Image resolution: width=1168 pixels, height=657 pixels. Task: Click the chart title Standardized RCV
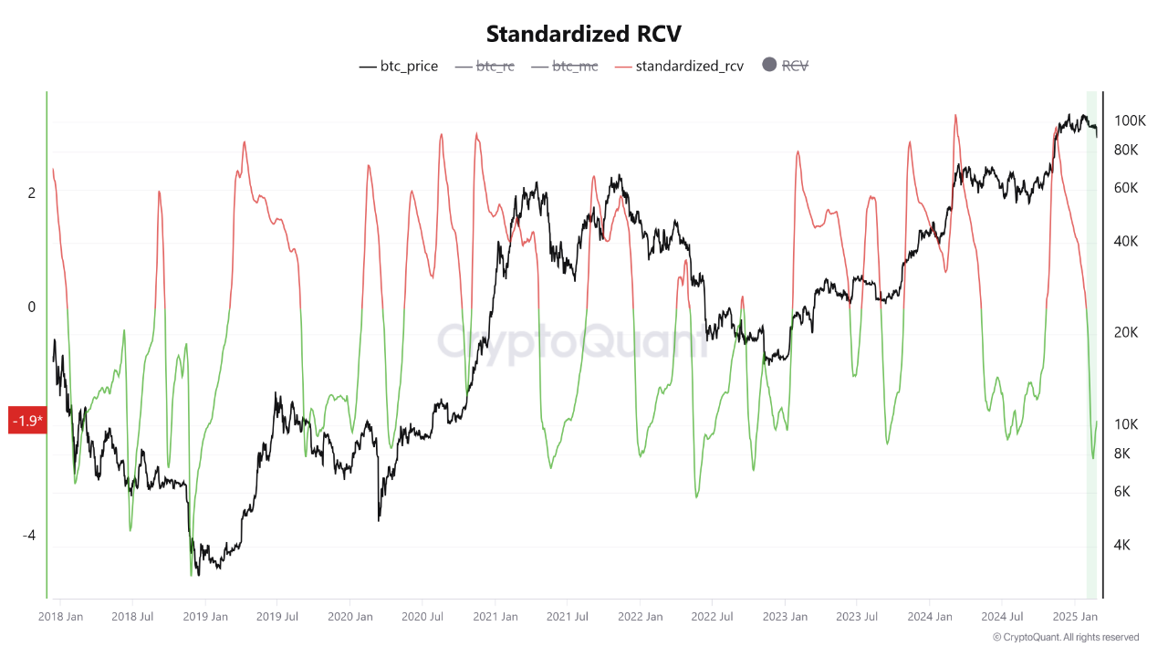(x=583, y=34)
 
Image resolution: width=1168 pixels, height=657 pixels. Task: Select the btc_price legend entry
(x=399, y=66)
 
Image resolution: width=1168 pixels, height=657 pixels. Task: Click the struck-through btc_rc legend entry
(x=485, y=66)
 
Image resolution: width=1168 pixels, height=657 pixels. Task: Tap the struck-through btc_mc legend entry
(x=564, y=66)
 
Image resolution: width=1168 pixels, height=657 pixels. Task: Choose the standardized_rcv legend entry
(x=680, y=66)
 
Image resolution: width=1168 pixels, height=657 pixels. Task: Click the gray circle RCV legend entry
(x=785, y=66)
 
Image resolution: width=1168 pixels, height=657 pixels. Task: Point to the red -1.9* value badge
(x=26, y=421)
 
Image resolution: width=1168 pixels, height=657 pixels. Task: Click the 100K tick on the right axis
(x=1130, y=120)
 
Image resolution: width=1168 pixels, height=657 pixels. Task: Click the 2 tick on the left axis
(x=31, y=193)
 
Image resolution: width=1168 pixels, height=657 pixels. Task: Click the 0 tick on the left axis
(x=31, y=307)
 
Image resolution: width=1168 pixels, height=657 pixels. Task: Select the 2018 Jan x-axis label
(x=61, y=617)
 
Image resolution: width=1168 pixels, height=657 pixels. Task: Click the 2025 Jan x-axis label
(x=1076, y=617)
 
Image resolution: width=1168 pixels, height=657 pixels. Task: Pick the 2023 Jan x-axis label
(x=785, y=617)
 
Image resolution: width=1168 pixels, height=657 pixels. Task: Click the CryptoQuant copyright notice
(x=1065, y=637)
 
